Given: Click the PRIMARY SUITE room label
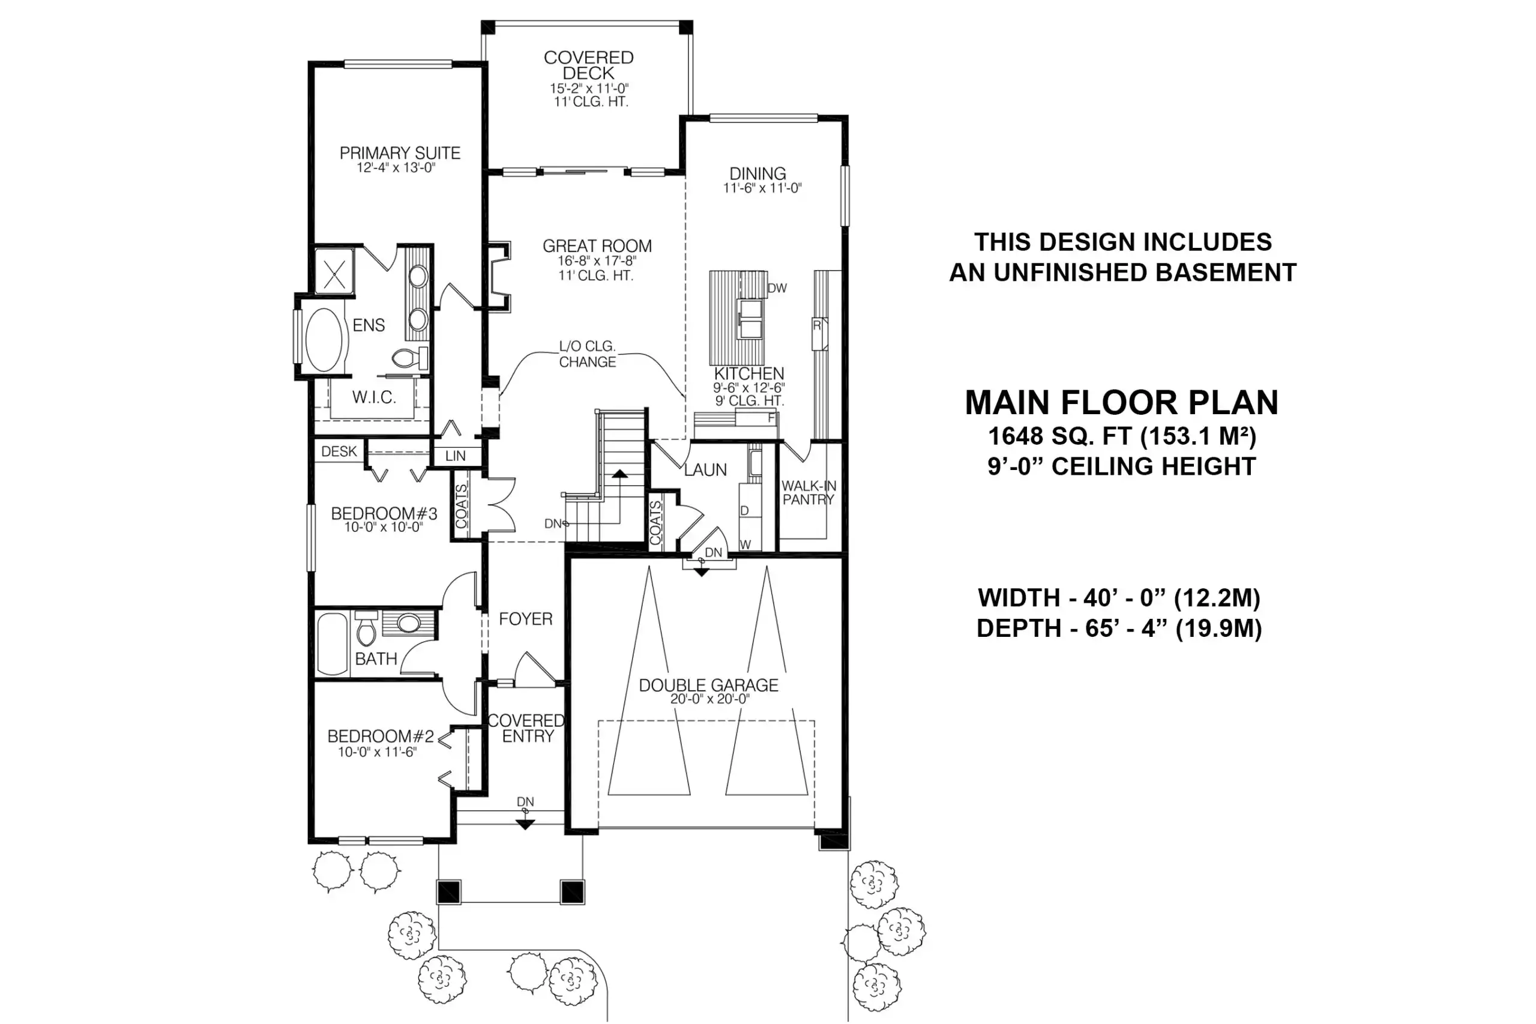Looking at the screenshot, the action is coord(400,153).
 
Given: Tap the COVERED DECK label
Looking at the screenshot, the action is coord(588,65).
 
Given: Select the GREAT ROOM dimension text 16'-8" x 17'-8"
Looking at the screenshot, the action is coord(596,261).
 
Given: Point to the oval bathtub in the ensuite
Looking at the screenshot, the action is coord(324,340).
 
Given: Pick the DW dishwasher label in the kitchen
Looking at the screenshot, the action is coord(777,288).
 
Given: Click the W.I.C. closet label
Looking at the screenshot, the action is coord(373,397).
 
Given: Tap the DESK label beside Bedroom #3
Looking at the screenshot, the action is coord(339,451).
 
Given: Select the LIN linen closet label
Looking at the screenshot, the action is coord(455,456).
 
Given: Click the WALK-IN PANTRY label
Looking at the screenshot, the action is coord(809,492).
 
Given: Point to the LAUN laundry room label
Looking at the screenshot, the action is coord(705,469).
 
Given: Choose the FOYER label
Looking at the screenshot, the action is coord(525,618).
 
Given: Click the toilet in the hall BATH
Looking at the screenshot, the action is coord(366,628).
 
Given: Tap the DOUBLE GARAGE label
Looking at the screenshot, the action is coord(708,685).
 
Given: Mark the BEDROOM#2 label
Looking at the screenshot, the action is coord(380,736).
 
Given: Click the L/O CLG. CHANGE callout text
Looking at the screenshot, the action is coord(587,354).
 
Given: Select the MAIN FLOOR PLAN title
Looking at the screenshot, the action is coord(1121,402).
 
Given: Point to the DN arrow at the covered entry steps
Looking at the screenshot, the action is coord(525,824).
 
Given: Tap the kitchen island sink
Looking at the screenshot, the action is coord(750,319).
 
